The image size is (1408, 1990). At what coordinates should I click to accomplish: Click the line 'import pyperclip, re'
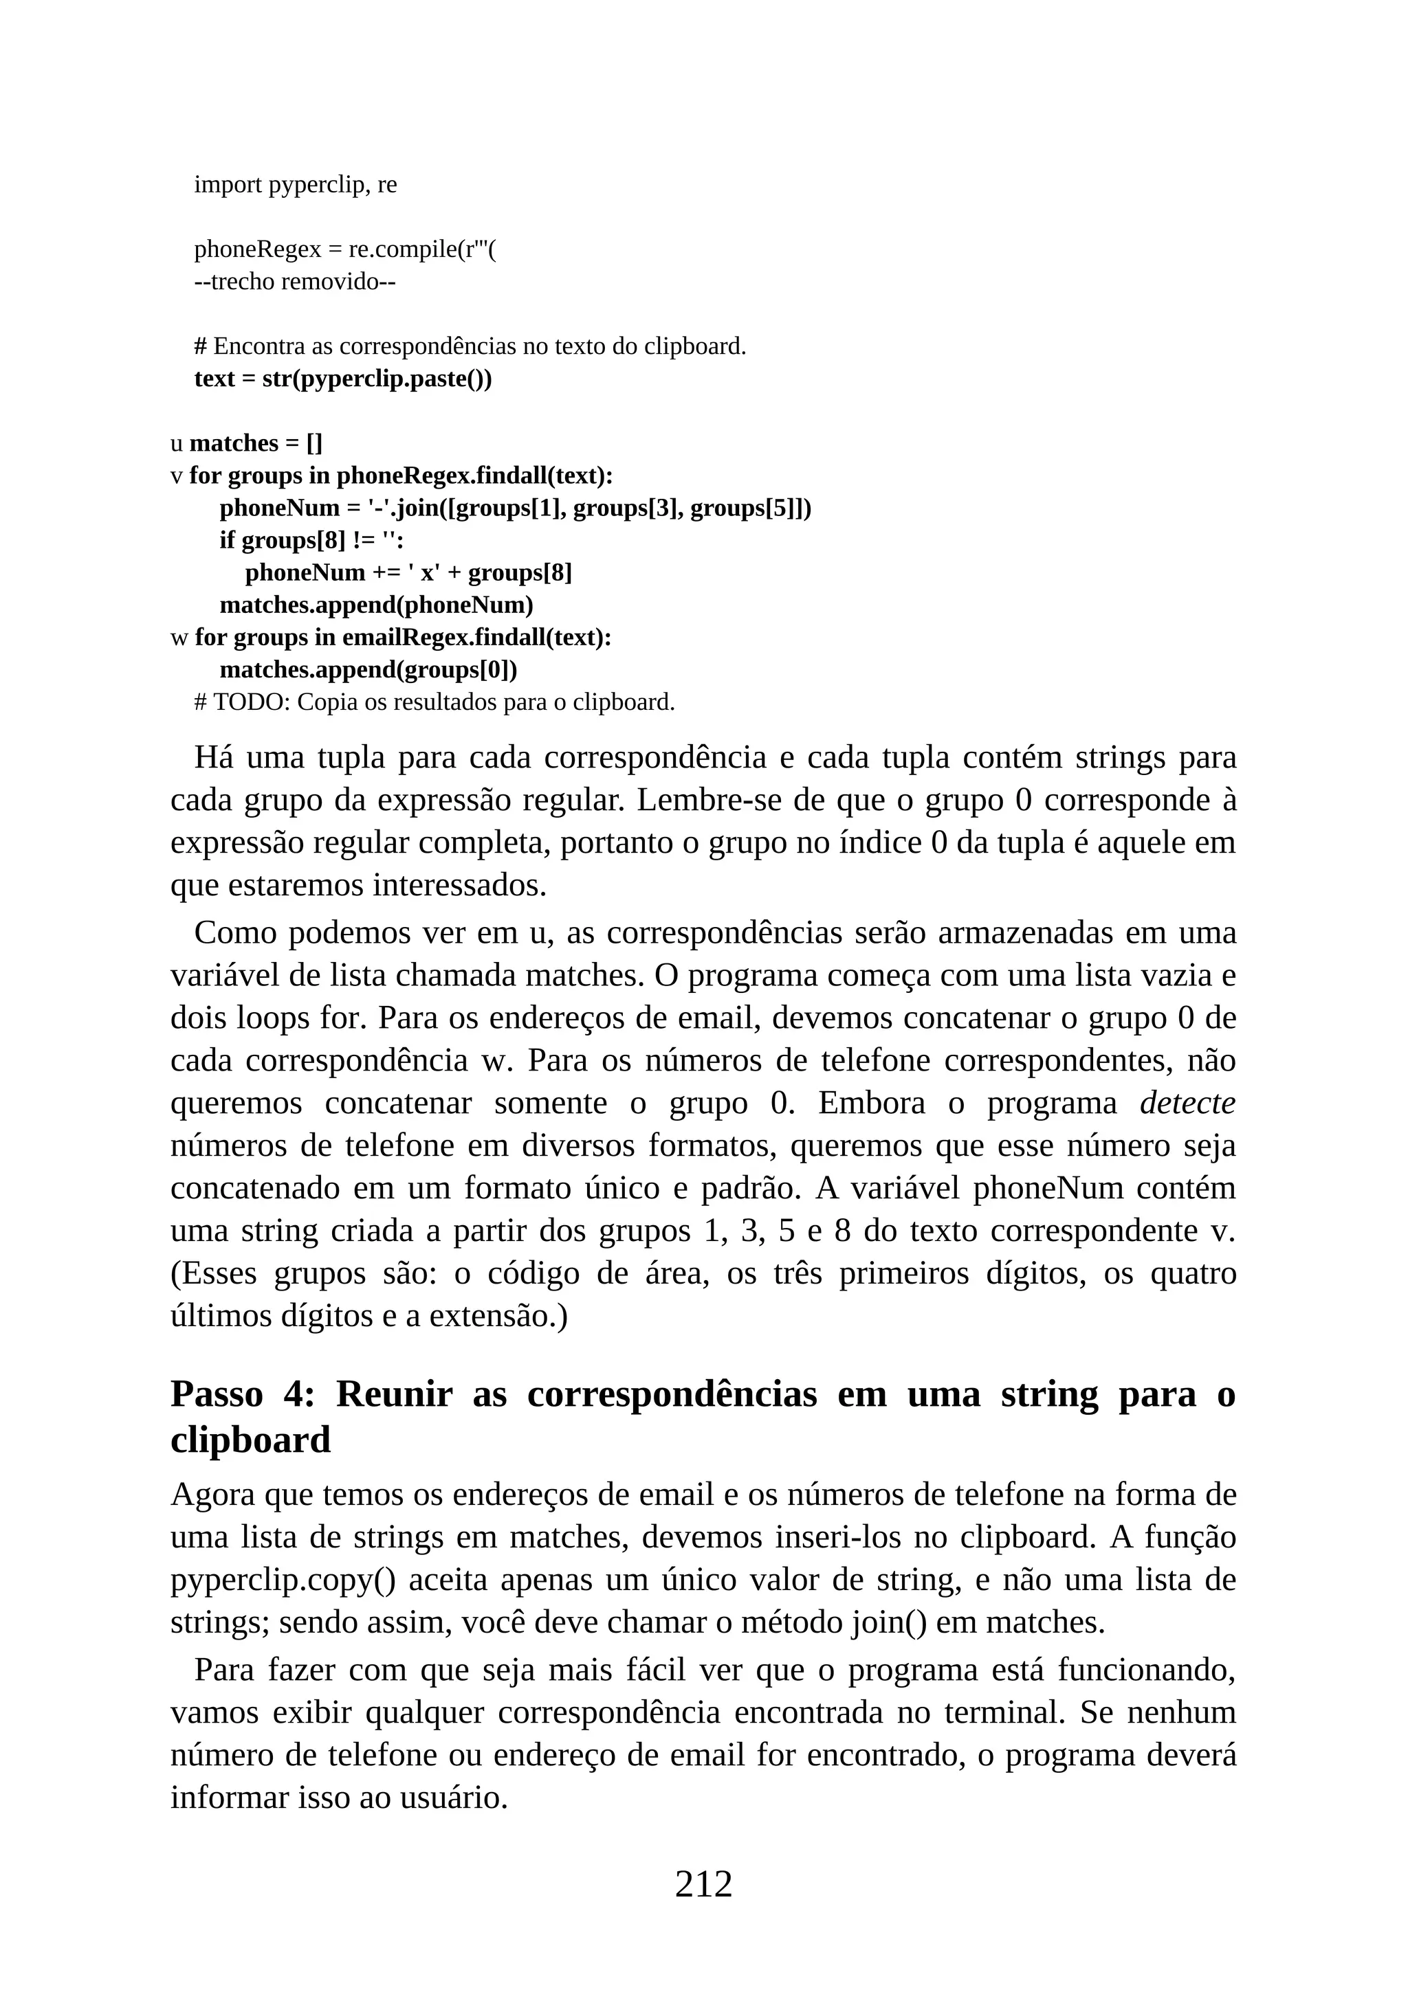tap(295, 185)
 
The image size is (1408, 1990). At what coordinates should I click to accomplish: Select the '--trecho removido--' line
tap(295, 282)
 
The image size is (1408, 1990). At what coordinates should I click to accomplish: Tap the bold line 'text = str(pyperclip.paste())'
tap(342, 379)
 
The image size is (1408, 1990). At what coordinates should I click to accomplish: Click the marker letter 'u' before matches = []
tap(177, 444)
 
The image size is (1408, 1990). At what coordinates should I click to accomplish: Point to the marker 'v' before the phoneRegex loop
tap(177, 476)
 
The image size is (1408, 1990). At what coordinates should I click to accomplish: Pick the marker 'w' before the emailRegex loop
tap(179, 638)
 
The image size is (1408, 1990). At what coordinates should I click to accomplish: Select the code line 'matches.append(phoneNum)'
tap(376, 605)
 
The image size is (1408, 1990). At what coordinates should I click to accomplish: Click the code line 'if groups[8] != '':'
tap(311, 540)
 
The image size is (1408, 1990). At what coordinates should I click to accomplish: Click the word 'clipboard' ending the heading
tap(250, 1440)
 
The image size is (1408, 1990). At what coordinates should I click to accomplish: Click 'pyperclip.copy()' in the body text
tap(283, 1580)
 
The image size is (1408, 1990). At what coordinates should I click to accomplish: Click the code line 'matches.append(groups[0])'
tap(368, 670)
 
